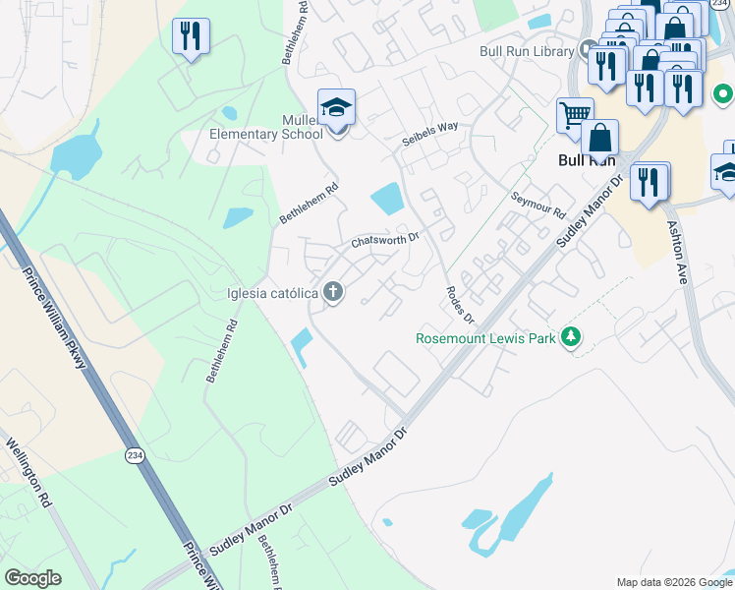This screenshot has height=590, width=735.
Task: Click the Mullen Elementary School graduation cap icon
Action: [x=336, y=107]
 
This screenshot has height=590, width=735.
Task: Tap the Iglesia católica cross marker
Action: [x=334, y=292]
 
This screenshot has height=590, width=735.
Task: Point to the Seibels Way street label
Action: [x=430, y=135]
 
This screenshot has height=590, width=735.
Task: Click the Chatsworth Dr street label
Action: [x=386, y=240]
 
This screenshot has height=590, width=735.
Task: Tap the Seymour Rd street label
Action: [x=538, y=205]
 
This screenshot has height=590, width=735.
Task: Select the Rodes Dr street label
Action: [x=460, y=305]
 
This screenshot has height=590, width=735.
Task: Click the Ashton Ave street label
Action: [x=678, y=251]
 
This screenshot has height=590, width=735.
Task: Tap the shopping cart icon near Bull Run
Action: [x=575, y=115]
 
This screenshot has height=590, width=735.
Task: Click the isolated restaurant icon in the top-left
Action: [x=190, y=37]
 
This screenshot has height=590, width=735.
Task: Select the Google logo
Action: [x=32, y=578]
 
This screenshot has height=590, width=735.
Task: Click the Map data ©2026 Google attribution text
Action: [x=673, y=582]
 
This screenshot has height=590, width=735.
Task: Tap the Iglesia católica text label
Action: [x=271, y=293]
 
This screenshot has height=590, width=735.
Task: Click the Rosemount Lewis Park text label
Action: [x=485, y=338]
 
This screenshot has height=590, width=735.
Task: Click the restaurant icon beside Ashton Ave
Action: [x=650, y=182]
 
